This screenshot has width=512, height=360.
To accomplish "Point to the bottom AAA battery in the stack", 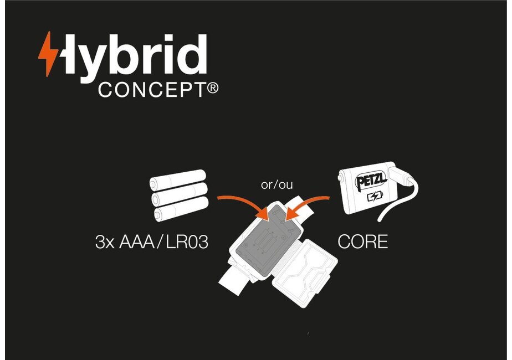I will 180,211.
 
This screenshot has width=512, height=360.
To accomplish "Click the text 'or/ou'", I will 277,185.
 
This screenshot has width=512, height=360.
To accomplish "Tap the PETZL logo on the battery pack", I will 369,181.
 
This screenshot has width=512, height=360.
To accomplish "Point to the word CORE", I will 362,242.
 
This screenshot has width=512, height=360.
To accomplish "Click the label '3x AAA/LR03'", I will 151,243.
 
